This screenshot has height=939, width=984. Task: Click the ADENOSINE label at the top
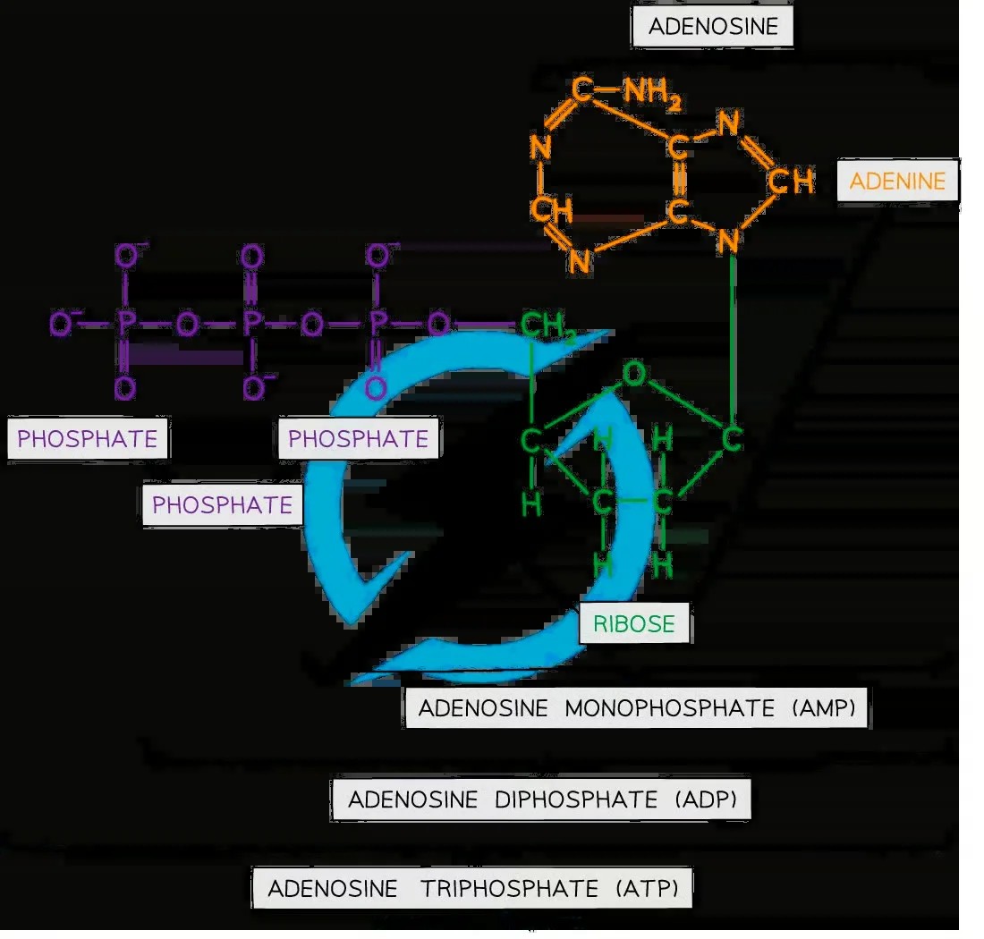point(713,26)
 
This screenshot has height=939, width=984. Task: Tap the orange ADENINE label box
point(897,181)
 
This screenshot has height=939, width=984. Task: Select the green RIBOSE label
point(634,623)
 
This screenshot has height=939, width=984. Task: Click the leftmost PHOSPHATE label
point(88,438)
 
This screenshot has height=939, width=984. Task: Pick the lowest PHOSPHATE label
point(222,504)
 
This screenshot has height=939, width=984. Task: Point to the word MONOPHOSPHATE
point(670,708)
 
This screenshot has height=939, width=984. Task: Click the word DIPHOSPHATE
point(575,799)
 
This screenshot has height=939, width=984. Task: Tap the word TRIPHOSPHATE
point(509,889)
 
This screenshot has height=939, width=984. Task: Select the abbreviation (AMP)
point(823,708)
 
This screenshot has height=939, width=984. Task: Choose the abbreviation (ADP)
point(706,799)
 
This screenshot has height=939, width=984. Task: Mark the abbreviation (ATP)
point(647,889)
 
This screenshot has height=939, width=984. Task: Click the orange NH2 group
point(652,93)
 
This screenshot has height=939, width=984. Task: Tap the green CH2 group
point(547,326)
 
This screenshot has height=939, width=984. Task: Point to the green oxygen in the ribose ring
point(634,374)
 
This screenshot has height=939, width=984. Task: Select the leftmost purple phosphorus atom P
point(126,324)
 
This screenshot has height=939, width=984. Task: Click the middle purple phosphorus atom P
point(252,324)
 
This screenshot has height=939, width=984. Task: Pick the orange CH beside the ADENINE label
point(792,182)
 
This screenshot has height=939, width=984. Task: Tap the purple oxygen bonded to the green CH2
point(438,325)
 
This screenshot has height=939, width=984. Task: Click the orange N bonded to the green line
point(728,241)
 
